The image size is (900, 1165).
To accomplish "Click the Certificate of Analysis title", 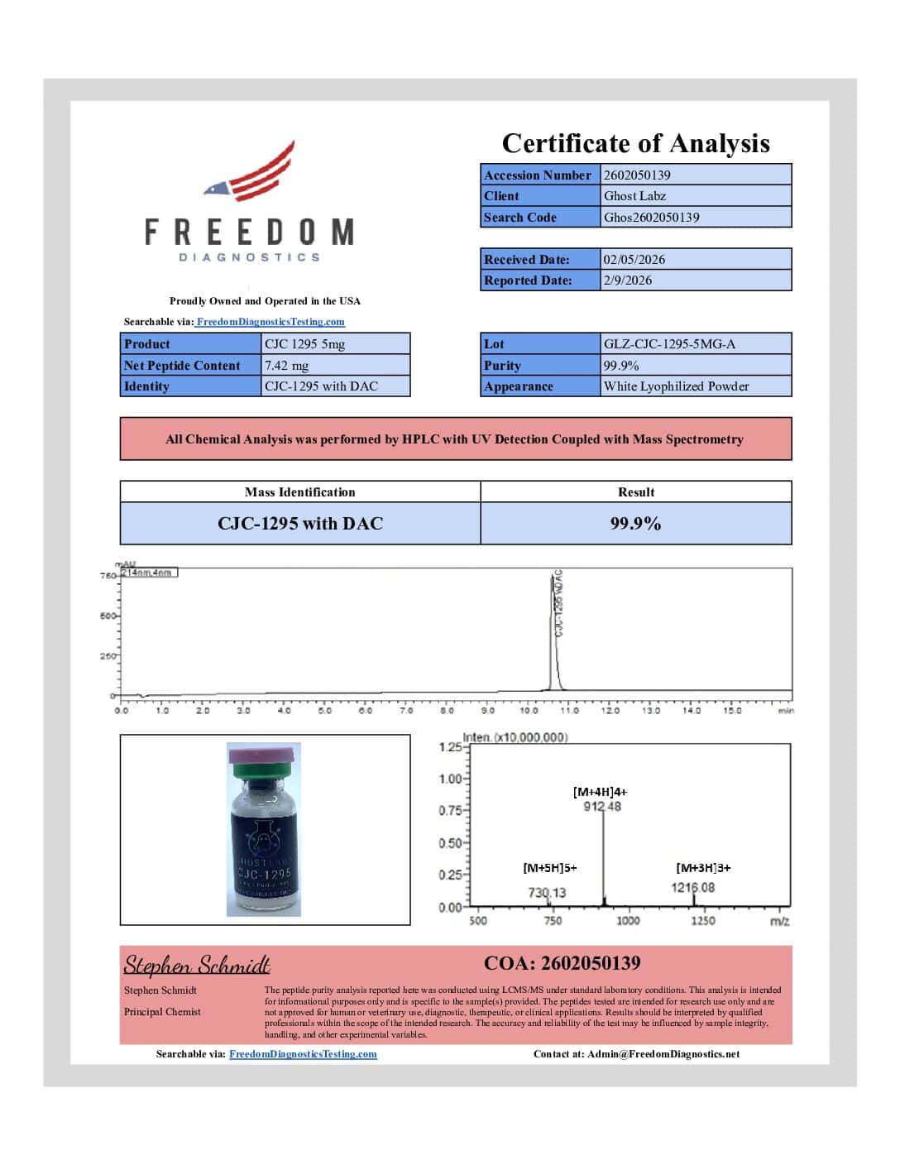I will (x=635, y=143).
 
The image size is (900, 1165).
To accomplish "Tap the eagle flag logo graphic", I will (x=251, y=172).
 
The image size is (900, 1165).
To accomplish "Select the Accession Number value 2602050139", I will (x=637, y=175).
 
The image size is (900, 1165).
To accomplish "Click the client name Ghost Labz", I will (x=634, y=196).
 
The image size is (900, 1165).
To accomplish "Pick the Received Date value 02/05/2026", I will (x=634, y=259).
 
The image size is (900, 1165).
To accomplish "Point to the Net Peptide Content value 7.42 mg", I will (x=286, y=365).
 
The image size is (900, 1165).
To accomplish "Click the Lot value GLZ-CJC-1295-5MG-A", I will (x=668, y=343).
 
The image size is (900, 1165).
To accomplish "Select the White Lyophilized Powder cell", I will (x=676, y=386).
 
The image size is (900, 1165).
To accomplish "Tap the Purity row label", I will (x=502, y=365).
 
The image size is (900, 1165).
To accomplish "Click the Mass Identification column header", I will (x=299, y=491).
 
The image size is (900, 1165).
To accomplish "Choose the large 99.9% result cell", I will (x=635, y=523).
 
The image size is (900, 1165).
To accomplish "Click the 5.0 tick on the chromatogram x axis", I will (x=325, y=710).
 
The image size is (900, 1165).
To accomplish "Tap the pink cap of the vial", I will (x=264, y=753).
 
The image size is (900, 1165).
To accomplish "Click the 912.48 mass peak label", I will (x=602, y=806).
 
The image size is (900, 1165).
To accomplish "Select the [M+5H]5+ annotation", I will (x=550, y=868).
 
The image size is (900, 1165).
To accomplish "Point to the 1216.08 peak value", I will (x=692, y=888).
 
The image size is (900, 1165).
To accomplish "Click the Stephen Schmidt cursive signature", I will (x=197, y=965).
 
